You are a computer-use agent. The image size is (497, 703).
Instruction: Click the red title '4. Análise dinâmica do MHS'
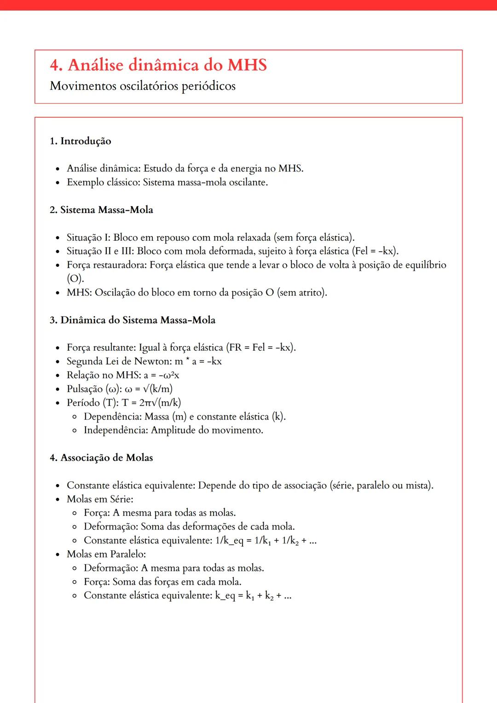click(x=158, y=65)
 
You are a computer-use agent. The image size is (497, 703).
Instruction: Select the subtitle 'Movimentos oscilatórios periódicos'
click(x=143, y=86)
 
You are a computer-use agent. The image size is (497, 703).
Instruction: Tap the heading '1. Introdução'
click(x=81, y=141)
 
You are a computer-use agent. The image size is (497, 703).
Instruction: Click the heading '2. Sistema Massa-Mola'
click(x=101, y=210)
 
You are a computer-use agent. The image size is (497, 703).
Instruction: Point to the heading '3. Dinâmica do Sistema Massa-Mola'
click(x=133, y=320)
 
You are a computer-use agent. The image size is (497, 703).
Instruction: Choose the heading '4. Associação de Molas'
click(x=101, y=458)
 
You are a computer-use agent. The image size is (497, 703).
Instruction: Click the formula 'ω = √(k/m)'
click(x=149, y=389)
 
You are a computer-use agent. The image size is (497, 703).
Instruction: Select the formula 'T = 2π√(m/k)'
click(x=151, y=403)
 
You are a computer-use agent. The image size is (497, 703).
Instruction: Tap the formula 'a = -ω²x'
click(x=162, y=375)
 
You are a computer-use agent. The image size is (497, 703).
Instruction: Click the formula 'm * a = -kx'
click(x=198, y=361)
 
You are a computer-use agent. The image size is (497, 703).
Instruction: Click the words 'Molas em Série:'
click(x=100, y=499)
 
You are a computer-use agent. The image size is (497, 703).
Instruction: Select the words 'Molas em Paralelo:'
click(x=106, y=554)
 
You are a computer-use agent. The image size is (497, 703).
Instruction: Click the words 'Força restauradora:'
click(x=106, y=265)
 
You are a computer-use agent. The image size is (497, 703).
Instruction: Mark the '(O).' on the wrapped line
click(x=75, y=279)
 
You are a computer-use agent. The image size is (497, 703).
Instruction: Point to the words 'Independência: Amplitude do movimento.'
click(x=173, y=430)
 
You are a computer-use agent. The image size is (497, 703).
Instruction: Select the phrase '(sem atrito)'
click(x=302, y=293)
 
